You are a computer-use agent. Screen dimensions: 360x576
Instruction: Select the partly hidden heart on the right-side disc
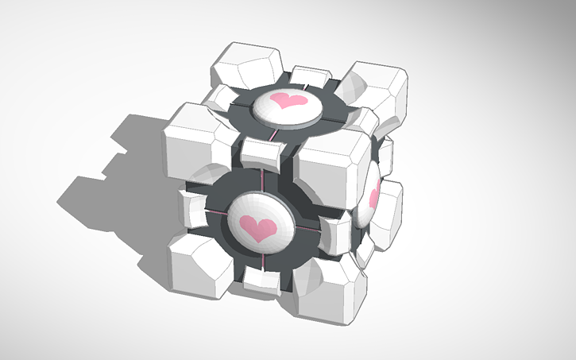tap(373, 196)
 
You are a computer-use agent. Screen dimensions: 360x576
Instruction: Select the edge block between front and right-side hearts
tap(337, 234)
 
